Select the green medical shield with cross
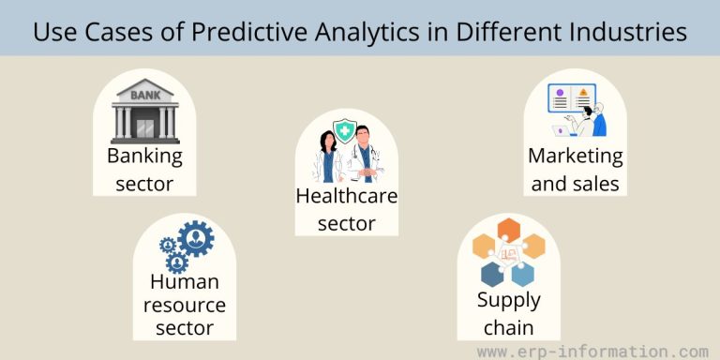pos(346,135)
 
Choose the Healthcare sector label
pos(346,209)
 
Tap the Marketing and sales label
pos(575,169)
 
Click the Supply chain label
pos(508,313)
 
